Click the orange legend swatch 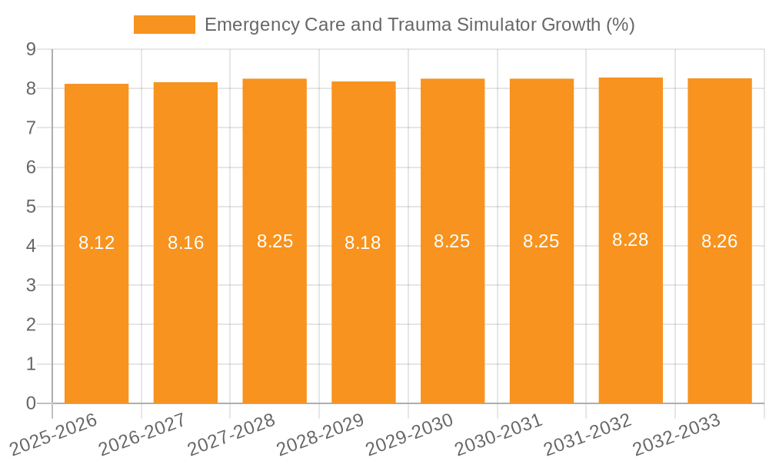(164, 25)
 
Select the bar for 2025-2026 (96, 323)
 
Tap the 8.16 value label (185, 243)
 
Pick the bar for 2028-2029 (364, 323)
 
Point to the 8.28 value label (630, 240)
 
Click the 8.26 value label (719, 241)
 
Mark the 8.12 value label (96, 244)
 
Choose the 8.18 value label (363, 243)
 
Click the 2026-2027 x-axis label (143, 434)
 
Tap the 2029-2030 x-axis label (410, 434)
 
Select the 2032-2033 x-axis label (677, 434)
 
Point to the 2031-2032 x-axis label (588, 434)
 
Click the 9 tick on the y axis (31, 49)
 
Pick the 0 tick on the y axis (31, 403)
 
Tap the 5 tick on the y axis (31, 207)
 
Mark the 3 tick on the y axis (31, 285)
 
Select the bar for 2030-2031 (541, 323)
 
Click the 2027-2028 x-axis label (232, 434)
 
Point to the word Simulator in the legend (498, 25)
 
